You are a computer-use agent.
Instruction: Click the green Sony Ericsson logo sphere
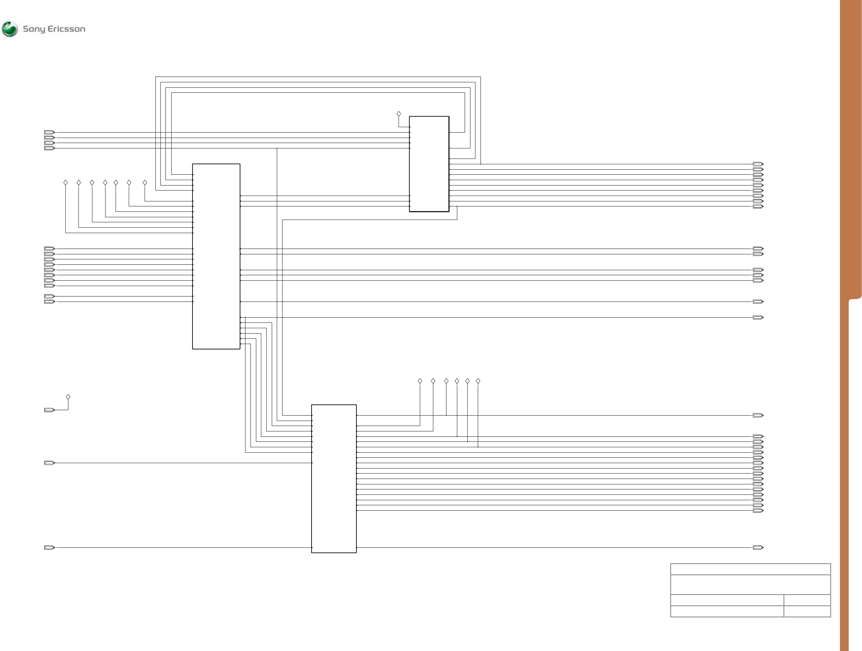10,29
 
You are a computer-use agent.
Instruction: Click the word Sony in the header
34,29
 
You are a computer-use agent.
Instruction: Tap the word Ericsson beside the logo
66,29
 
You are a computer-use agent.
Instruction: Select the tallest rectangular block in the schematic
216,256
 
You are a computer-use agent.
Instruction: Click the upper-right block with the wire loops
429,164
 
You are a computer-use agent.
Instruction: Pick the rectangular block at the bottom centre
334,478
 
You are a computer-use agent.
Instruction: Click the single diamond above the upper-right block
399,114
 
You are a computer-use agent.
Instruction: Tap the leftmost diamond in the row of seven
65,182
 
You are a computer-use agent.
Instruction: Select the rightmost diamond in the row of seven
145,182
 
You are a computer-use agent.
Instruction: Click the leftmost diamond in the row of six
420,381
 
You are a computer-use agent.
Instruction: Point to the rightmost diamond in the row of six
478,381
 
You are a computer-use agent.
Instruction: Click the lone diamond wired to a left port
68,397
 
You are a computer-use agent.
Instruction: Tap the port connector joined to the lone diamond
49,410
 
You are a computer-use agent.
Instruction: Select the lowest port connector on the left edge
49,548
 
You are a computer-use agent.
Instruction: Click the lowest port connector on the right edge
758,548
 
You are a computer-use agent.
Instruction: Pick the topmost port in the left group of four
49,133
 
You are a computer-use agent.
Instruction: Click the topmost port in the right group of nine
758,164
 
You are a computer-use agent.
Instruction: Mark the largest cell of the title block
750,585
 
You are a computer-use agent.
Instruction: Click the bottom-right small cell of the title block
807,611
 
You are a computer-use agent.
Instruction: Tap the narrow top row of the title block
750,569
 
